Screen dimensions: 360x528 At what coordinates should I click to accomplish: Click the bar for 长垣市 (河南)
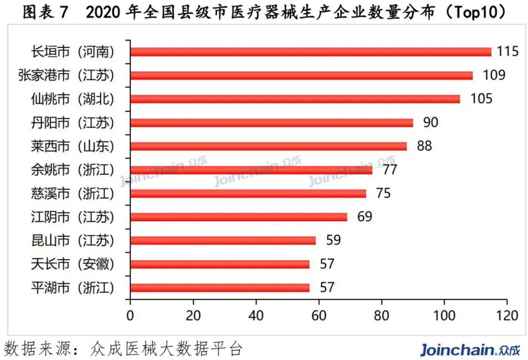[310, 52]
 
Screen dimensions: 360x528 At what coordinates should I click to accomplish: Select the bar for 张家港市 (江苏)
[301, 75]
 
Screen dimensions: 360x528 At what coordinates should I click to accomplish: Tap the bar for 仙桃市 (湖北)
[295, 99]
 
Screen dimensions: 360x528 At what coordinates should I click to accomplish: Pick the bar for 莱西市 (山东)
[268, 146]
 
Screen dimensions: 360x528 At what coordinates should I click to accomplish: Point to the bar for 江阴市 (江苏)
[239, 217]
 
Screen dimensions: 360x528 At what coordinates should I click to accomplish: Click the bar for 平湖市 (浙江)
[220, 288]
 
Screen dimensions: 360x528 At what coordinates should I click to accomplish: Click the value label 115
[507, 51]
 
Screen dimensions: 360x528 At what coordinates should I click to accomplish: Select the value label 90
[430, 122]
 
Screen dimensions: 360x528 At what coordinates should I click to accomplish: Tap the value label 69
[364, 217]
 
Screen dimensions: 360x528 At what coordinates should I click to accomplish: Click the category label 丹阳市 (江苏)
[72, 123]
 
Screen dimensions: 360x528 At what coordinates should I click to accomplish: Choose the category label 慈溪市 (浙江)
[72, 194]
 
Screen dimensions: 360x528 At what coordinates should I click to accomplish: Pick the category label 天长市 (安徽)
[72, 265]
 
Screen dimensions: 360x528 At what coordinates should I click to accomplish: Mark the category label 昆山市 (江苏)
[72, 241]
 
